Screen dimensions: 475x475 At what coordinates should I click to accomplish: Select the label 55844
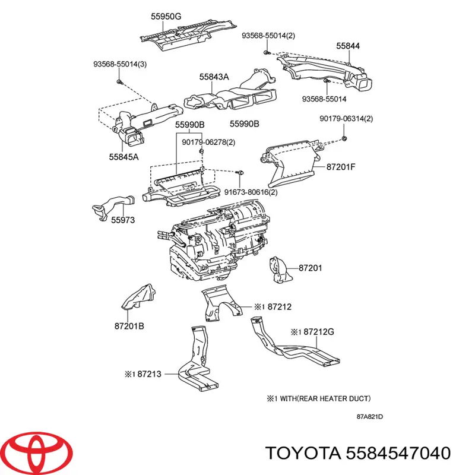347,46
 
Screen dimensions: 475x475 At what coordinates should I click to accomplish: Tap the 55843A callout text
214,77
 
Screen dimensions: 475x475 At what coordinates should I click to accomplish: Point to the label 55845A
123,157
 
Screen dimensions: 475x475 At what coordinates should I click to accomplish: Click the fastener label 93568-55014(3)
120,64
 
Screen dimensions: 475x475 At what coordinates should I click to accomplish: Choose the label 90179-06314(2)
346,119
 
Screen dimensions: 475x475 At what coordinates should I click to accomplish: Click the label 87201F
341,167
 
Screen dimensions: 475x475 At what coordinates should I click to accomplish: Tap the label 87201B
129,326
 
